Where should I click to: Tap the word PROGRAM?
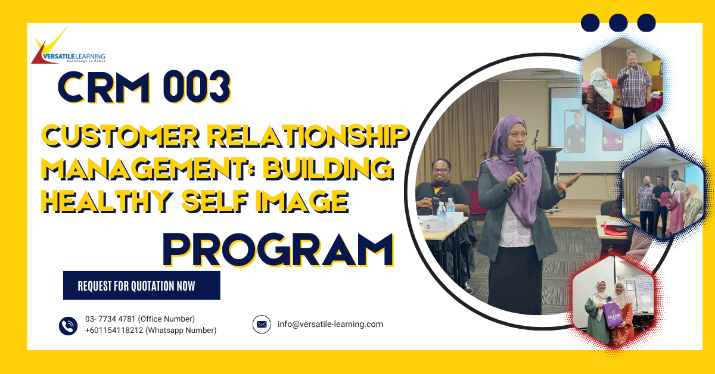click(278, 250)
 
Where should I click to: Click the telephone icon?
click(68, 325)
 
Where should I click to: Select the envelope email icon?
click(262, 325)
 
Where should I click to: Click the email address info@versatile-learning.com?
click(330, 325)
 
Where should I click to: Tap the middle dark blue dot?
click(618, 23)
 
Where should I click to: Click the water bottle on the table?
click(442, 211)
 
